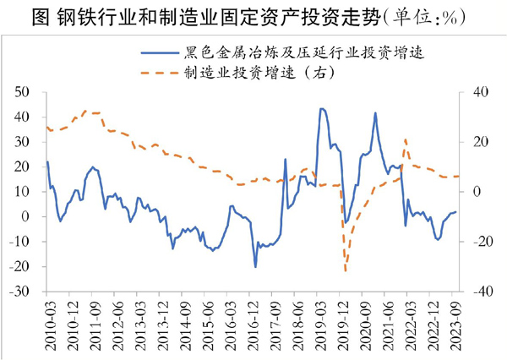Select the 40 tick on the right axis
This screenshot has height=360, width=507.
pyautogui.click(x=480, y=91)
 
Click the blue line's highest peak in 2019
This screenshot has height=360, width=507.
pyautogui.click(x=322, y=108)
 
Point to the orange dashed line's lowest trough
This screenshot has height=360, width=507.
pyautogui.click(x=346, y=270)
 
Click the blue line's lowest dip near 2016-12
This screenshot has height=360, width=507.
pyautogui.click(x=255, y=267)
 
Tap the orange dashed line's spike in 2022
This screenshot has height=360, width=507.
pyautogui.click(x=406, y=139)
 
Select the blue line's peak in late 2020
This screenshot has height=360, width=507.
pyautogui.click(x=375, y=112)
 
